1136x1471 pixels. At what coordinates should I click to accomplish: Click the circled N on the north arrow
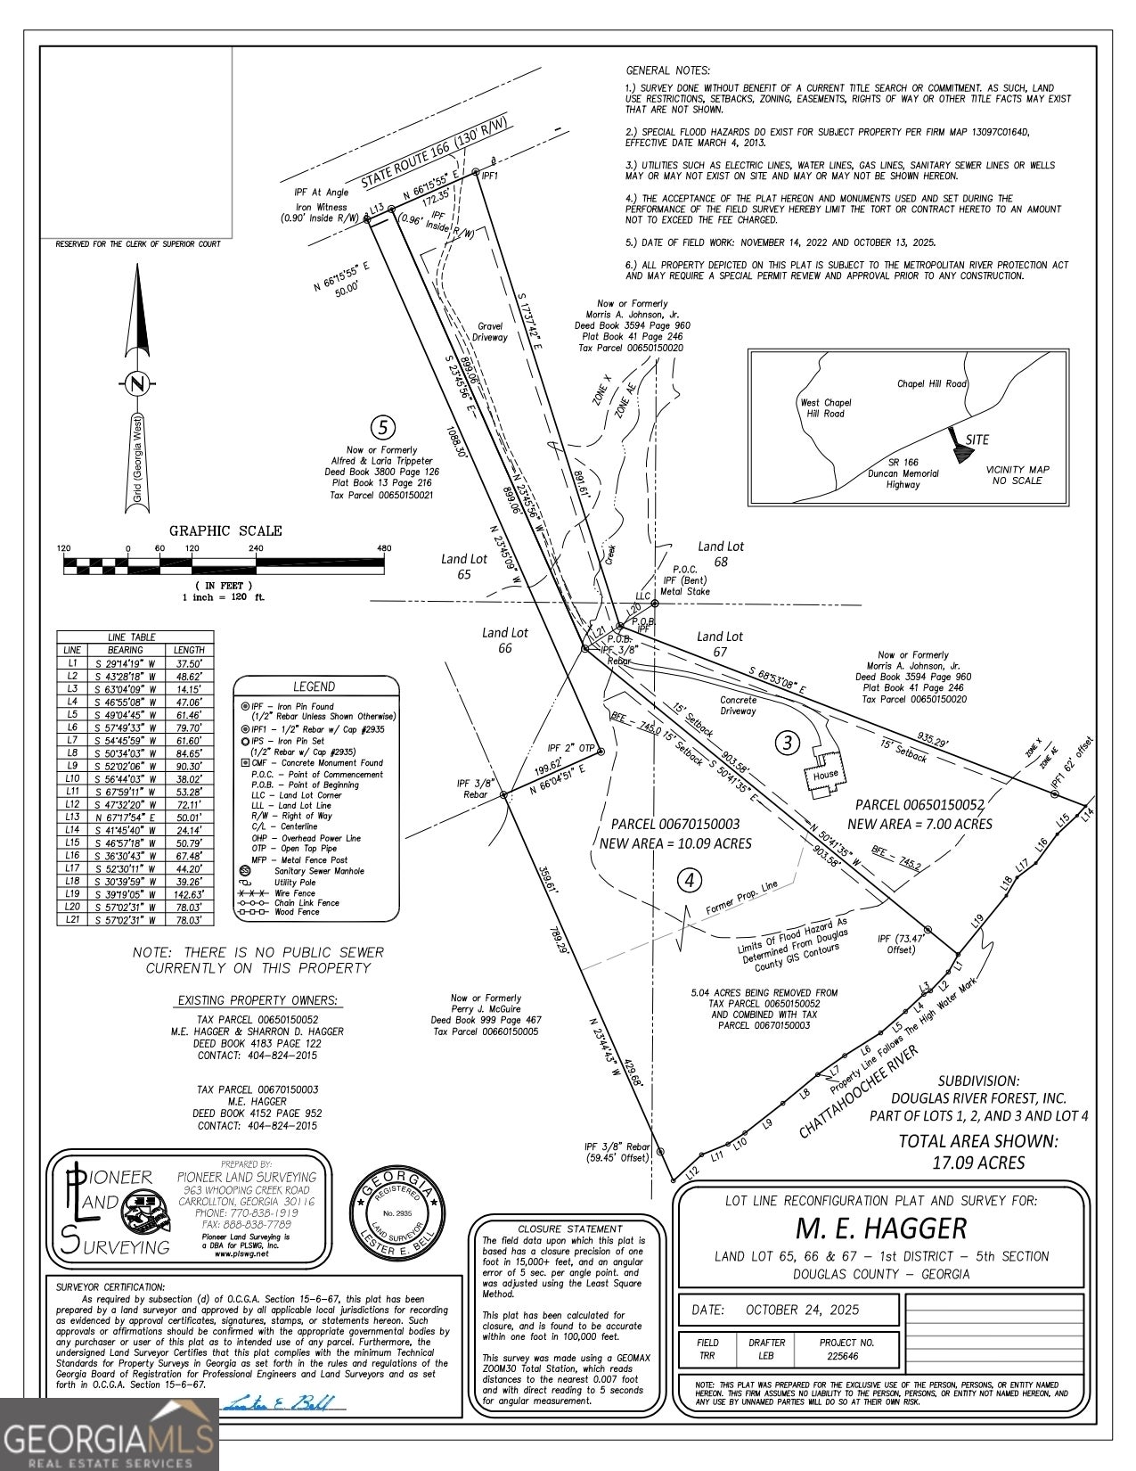136,384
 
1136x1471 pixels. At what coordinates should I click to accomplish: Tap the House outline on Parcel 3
824,772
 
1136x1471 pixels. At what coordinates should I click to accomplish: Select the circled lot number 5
383,428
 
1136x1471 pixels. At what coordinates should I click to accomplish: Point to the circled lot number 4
689,881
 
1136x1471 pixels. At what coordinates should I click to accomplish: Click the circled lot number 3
786,742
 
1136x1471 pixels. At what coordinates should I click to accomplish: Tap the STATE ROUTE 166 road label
434,152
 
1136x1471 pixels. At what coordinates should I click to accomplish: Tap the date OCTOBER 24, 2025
788,1310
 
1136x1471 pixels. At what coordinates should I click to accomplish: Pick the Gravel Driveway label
490,332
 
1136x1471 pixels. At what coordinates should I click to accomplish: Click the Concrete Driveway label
738,705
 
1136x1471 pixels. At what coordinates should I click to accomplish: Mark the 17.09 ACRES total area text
978,1163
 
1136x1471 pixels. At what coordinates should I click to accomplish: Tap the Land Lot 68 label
720,554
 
